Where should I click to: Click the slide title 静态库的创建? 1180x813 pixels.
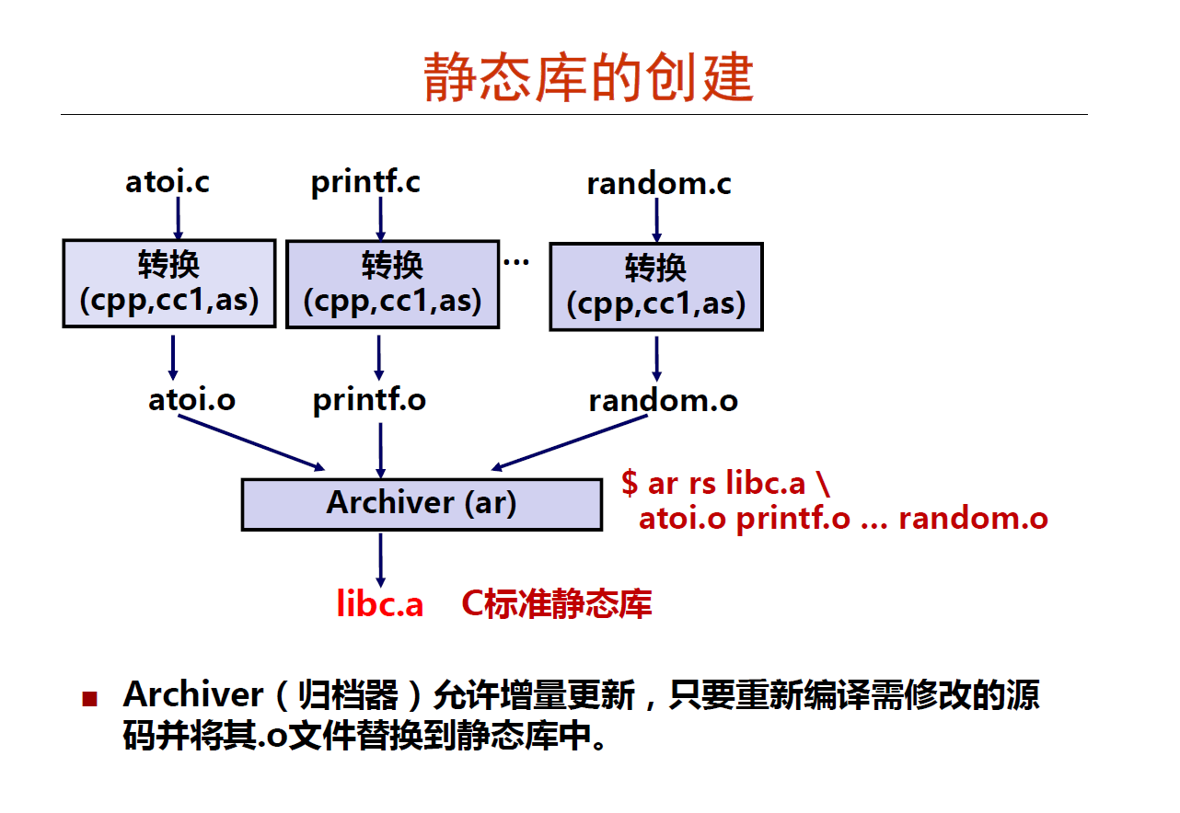pos(588,77)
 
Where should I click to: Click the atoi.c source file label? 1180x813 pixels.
pos(167,181)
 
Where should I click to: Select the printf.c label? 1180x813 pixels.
pos(365,183)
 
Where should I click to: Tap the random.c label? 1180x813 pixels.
pos(659,183)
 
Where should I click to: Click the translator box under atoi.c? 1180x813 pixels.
pos(169,283)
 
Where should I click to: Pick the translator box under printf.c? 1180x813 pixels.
pos(392,285)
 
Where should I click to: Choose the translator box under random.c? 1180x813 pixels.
pos(656,287)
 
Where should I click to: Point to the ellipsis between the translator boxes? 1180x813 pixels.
pos(516,261)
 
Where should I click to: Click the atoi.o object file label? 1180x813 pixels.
pos(191,400)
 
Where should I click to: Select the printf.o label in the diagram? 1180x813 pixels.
pos(369,400)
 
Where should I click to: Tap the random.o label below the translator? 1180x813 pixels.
pos(664,401)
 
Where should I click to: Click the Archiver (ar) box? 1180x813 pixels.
pos(422,505)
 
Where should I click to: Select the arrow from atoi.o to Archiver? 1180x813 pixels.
pos(251,442)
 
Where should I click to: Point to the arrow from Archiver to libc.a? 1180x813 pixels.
pos(381,560)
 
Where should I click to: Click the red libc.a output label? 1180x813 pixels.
pos(380,603)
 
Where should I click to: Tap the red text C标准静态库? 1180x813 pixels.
pos(557,603)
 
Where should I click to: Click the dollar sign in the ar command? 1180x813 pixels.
pos(629,483)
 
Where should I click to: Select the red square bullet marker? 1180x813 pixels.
pos(90,699)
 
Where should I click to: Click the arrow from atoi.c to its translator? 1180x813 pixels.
pos(178,218)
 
